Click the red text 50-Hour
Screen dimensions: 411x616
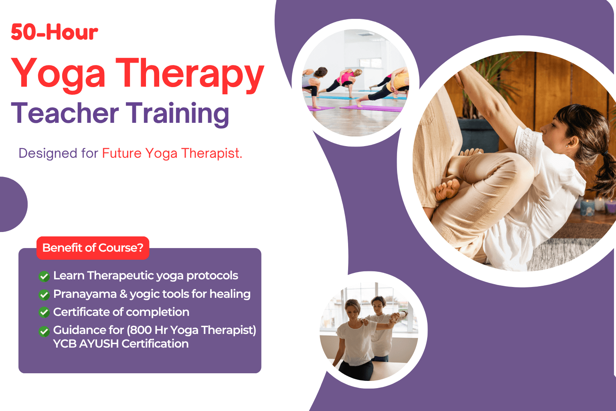coord(55,32)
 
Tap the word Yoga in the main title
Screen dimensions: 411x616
coord(58,73)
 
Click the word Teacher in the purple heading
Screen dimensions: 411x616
coord(65,113)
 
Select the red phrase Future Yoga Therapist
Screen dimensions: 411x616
coord(172,153)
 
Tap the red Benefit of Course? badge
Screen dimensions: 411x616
coord(93,248)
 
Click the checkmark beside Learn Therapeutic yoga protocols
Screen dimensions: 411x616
coord(44,276)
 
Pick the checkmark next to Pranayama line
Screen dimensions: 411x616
coord(44,295)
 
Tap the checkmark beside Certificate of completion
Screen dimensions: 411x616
coord(44,312)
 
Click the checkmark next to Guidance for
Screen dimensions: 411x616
coord(44,331)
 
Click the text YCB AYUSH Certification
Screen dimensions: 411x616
coord(121,344)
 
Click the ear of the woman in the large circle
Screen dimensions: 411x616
coord(571,140)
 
